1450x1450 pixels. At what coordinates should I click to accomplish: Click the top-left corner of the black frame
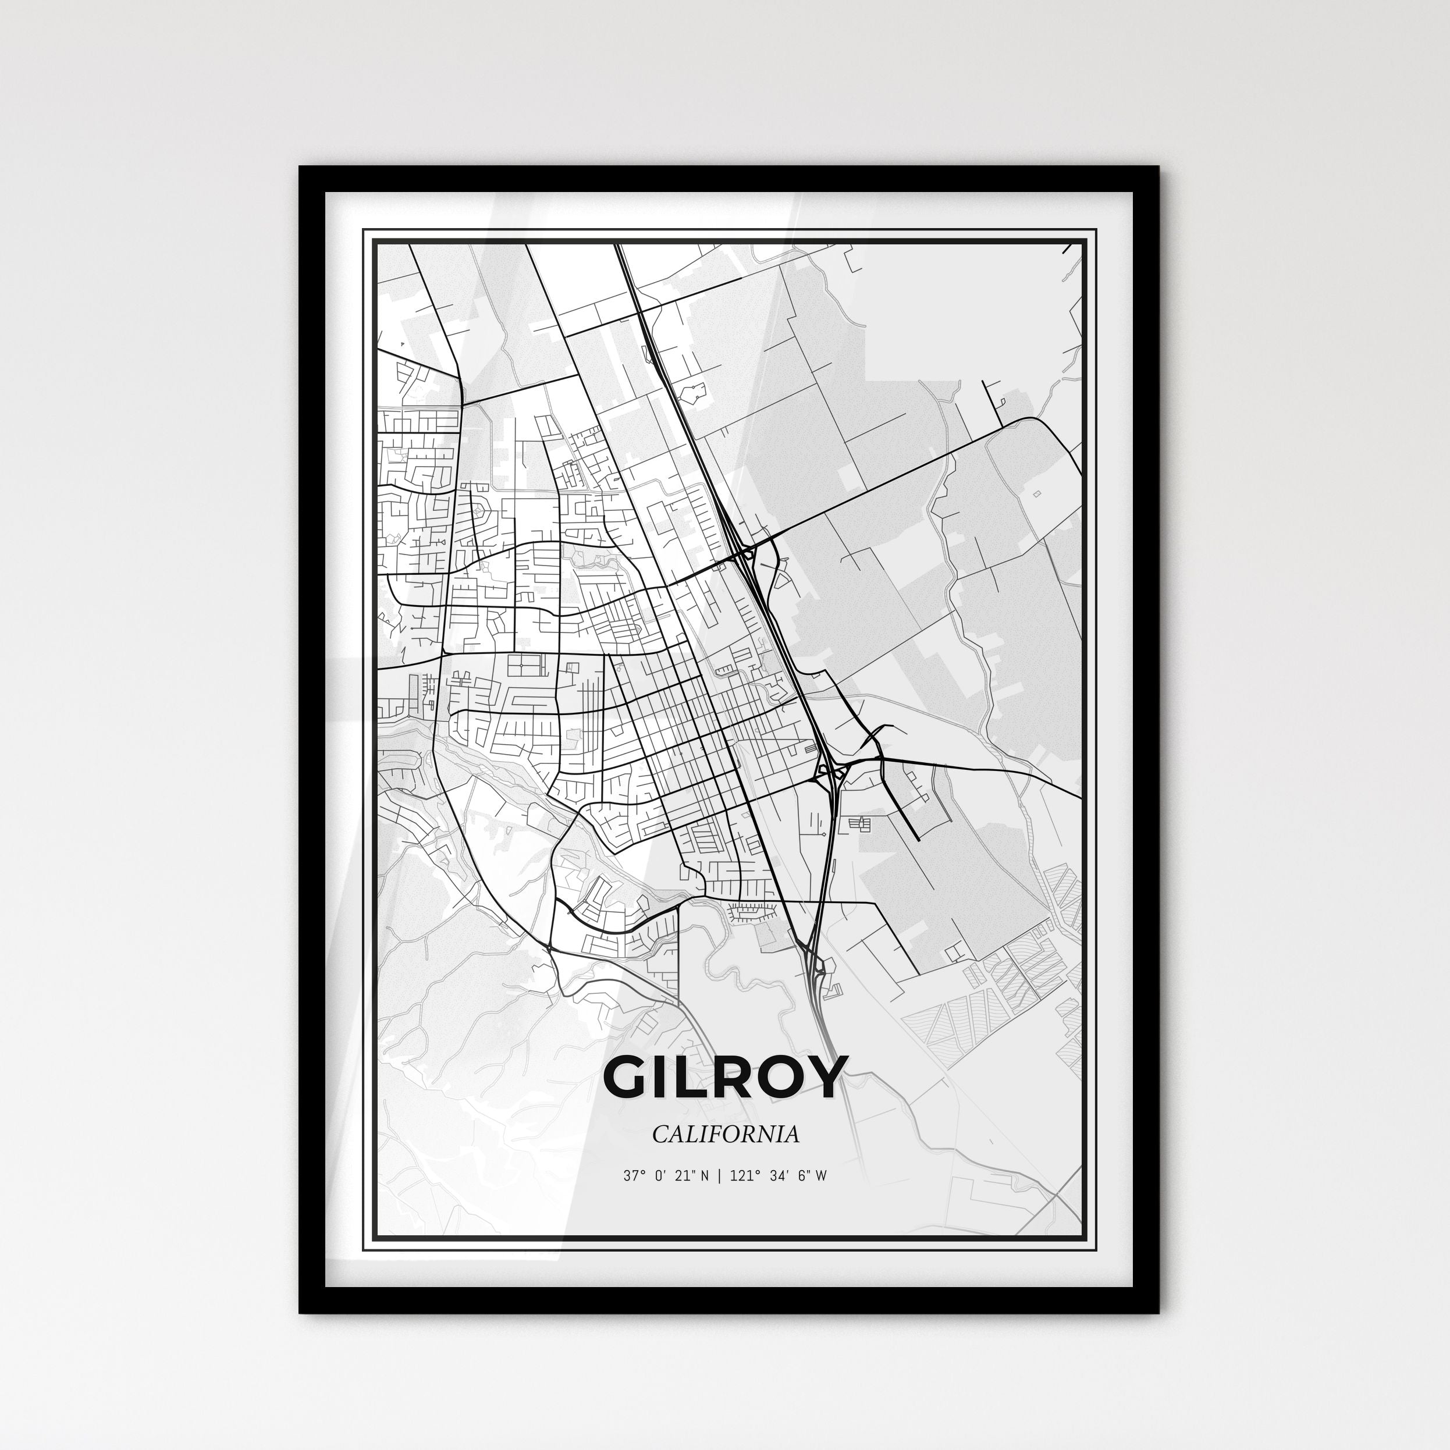click(x=301, y=168)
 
